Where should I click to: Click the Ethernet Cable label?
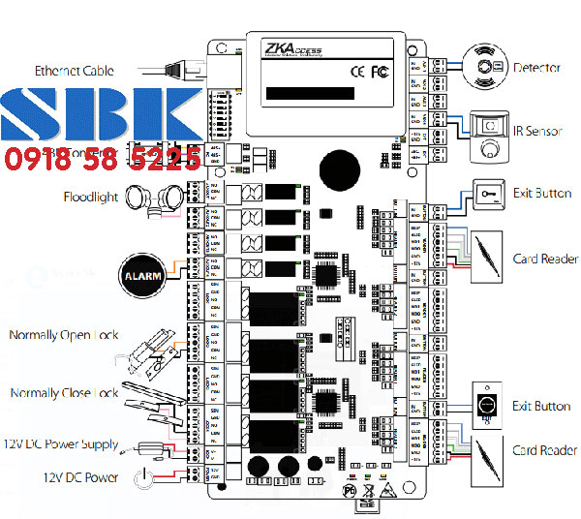pos(74,71)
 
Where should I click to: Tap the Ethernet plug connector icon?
pos(180,69)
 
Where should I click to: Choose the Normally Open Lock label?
pos(63,335)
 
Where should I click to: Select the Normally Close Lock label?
pos(64,393)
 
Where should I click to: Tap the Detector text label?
pos(535,68)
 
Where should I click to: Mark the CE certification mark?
pos(356,71)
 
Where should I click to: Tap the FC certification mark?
pos(380,71)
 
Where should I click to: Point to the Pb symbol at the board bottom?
pos(351,492)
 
